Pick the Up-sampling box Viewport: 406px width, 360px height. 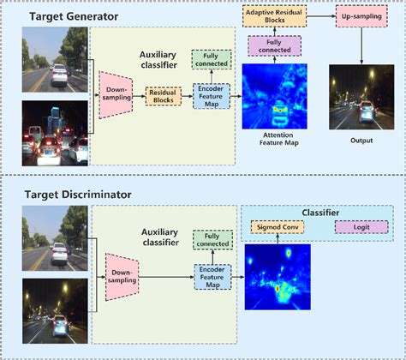[361, 17]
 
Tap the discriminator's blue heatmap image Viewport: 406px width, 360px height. [278, 276]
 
